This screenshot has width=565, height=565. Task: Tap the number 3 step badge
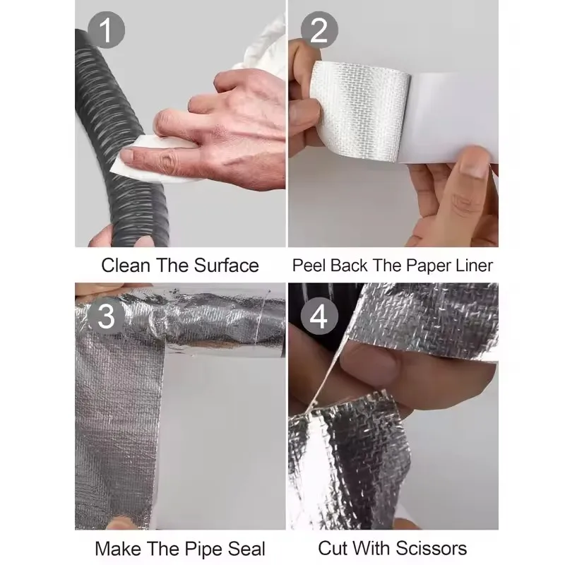(x=107, y=316)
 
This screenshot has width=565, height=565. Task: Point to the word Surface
(x=225, y=266)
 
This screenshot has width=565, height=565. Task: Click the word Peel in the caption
(x=309, y=266)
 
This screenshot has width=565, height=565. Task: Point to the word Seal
(x=247, y=548)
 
